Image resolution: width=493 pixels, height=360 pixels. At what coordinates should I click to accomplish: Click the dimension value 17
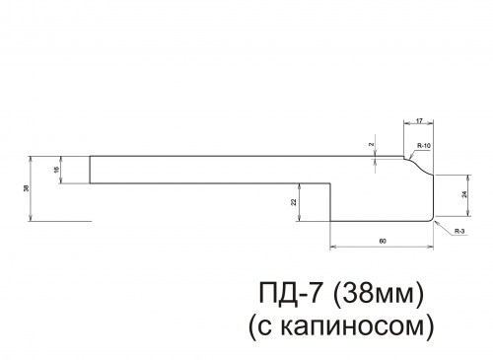point(419,122)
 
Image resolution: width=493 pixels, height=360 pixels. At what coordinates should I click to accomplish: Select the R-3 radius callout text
point(460,232)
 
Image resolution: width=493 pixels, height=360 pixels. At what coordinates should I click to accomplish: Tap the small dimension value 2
point(372,145)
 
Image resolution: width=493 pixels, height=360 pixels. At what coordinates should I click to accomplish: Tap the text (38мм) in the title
point(380,293)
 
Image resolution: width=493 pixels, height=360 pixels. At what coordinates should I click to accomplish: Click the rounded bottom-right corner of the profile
point(432,218)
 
